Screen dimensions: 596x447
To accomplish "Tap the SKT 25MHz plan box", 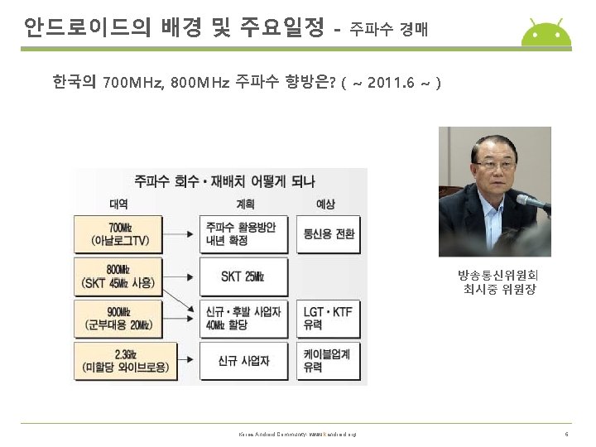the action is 245,276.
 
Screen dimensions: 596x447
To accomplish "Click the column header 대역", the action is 118,202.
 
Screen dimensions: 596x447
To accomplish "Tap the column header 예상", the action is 325,202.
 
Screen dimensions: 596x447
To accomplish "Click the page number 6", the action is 566,434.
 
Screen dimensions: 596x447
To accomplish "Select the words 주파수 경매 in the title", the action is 388,31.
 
